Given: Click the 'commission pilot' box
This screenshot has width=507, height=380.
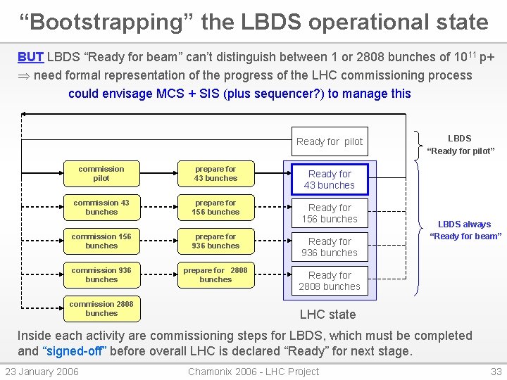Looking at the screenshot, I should coord(101,173).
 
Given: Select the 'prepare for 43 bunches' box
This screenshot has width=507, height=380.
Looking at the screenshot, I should coord(215,173).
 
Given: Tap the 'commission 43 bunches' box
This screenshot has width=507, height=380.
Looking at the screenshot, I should coord(101,207).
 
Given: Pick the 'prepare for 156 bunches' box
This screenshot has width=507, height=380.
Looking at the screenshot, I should coord(215,207).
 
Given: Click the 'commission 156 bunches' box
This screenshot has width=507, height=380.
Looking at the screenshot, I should coord(101,241).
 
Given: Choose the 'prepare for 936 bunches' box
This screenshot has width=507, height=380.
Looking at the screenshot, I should coord(215,241).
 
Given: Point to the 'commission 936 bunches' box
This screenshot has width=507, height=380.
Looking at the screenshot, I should coord(101,274).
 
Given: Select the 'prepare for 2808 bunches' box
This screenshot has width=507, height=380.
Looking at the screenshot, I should coord(215,274).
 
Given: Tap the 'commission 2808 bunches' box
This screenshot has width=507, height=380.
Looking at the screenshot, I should coord(101,308).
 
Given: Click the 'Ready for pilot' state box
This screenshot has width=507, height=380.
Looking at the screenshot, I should coord(330,141).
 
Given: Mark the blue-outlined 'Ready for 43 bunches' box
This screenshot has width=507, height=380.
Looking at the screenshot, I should coord(330,179).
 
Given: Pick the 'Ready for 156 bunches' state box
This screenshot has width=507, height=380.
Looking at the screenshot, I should coord(330,213).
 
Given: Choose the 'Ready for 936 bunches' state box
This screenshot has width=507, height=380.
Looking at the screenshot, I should coord(330,247).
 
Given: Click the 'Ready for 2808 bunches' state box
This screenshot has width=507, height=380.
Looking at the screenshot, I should coord(330,281).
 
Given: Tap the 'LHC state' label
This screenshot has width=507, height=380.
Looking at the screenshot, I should coord(328,315).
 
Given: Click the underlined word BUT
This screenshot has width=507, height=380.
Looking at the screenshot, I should coord(30,57).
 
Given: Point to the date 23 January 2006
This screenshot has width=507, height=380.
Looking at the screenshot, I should coord(42,372).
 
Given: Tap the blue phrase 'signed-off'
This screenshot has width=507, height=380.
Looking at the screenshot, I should coord(74,351).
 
